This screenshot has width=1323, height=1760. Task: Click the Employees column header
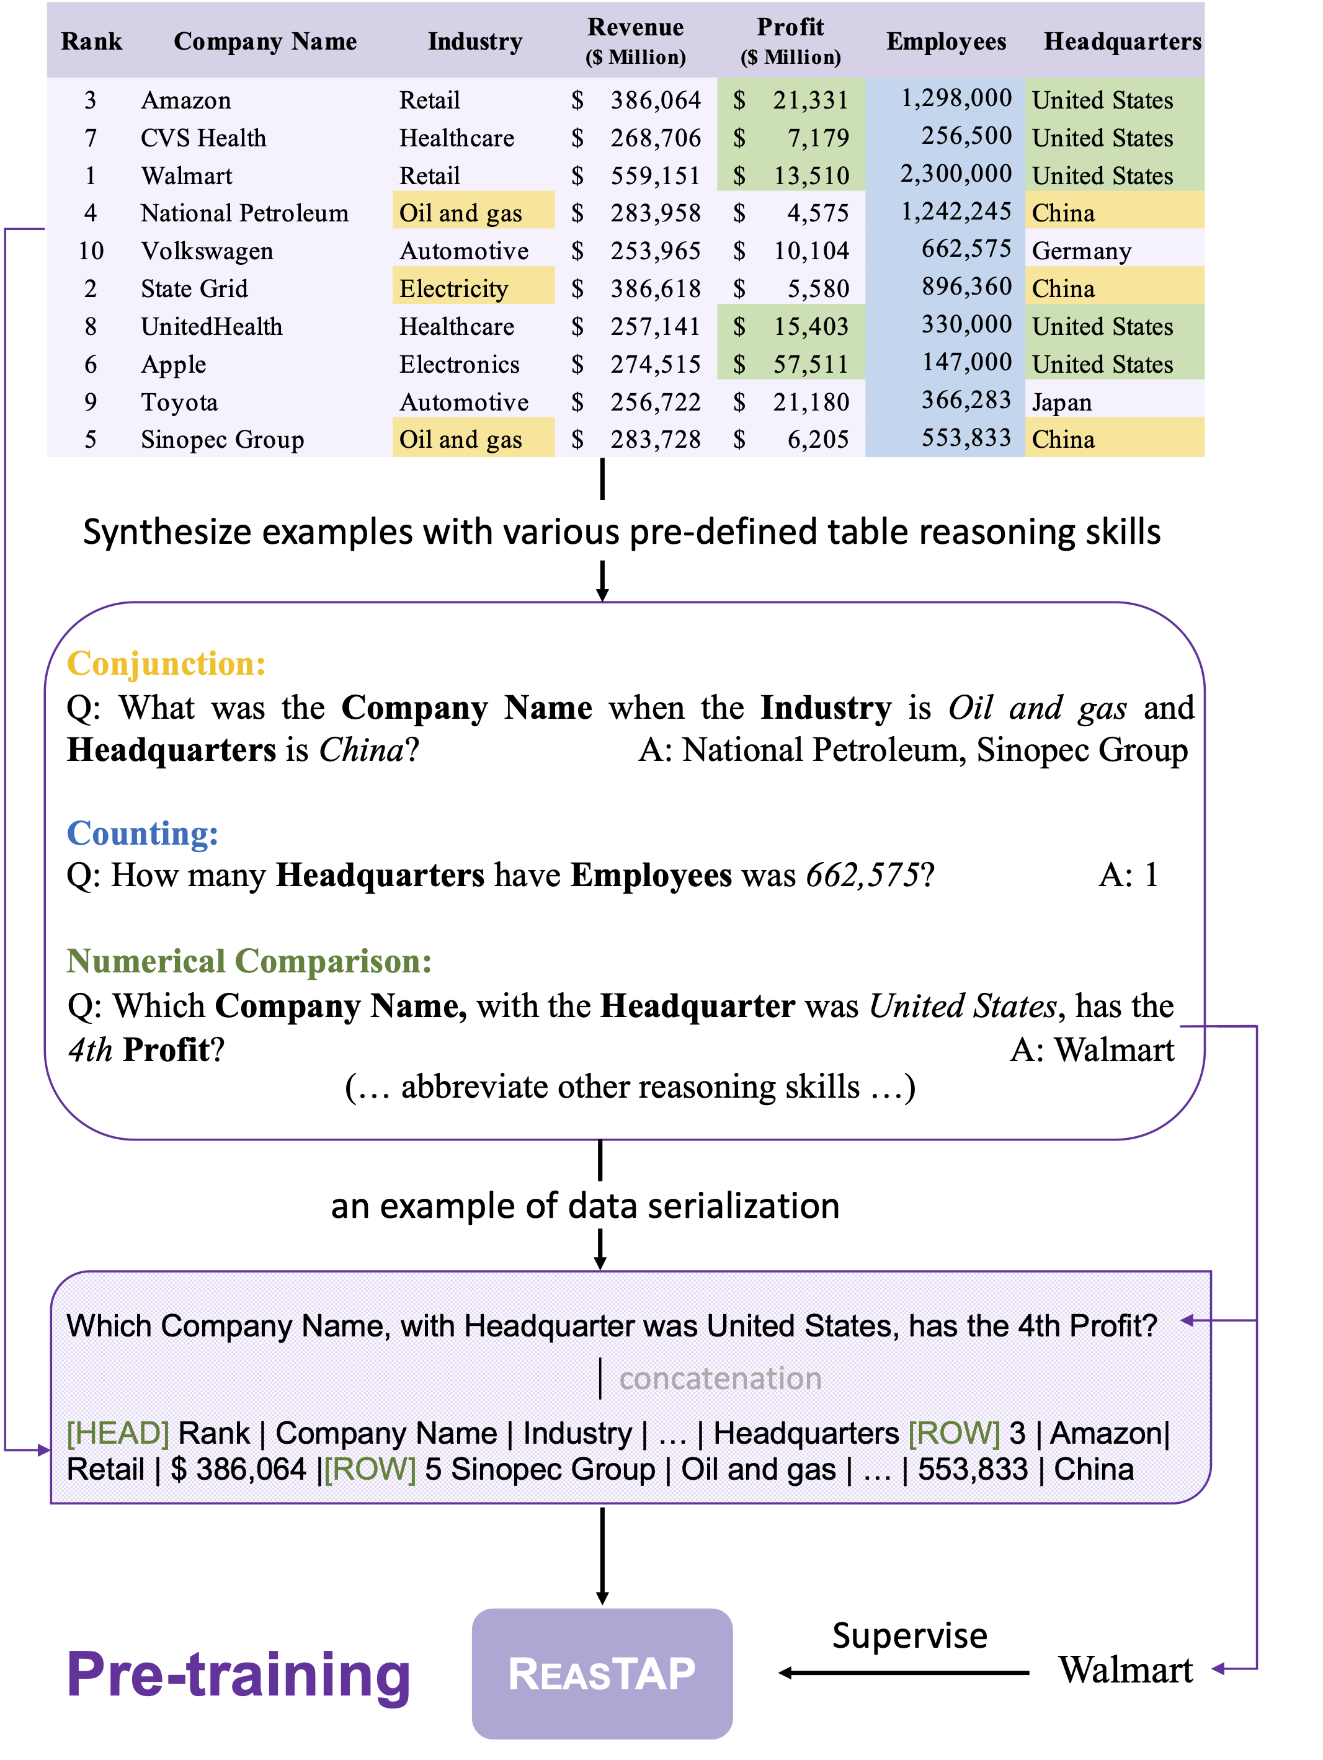945,42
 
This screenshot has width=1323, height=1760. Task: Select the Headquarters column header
1121,42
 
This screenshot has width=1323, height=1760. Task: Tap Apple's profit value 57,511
810,365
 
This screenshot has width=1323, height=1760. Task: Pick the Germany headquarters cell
1080,251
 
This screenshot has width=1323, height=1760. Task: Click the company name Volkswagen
207,251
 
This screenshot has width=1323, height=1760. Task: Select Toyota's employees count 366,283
966,400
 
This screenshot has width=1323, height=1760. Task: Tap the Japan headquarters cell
1061,402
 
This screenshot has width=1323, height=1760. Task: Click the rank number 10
91,251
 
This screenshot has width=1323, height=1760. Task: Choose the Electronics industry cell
459,365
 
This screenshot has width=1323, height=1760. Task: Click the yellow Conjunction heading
166,664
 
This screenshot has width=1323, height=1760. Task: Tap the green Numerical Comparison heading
249,961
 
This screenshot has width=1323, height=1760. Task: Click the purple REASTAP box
602,1673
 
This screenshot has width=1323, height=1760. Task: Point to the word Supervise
909,1636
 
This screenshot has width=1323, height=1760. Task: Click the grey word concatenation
720,1378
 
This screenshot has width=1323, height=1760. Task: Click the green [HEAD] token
118,1433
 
